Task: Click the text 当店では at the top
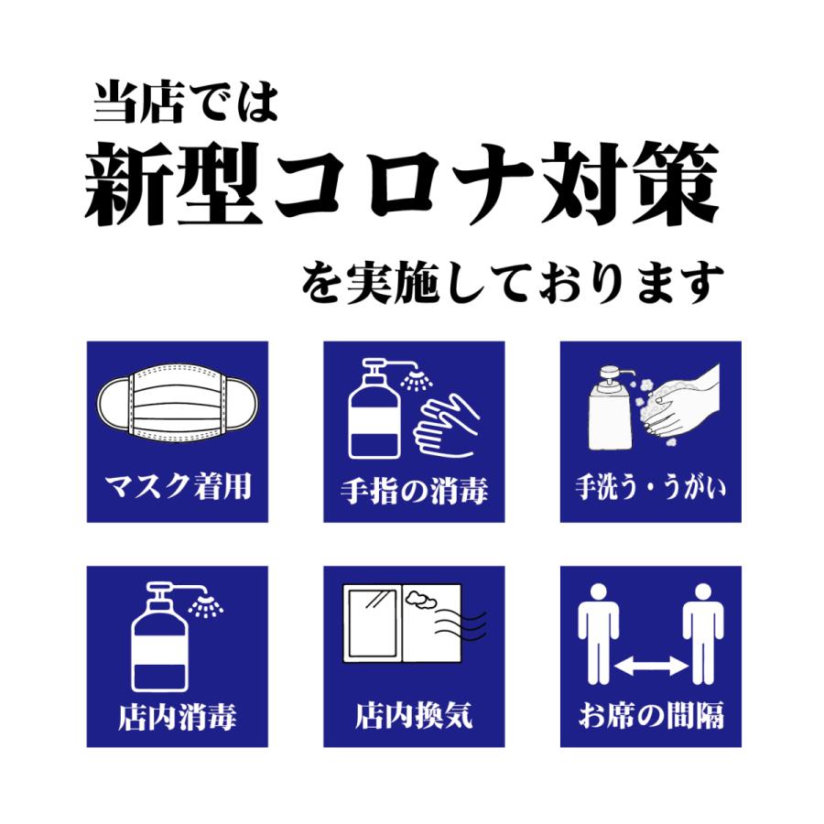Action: tap(184, 105)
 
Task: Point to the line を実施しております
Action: tap(513, 285)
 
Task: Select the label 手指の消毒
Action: tap(414, 491)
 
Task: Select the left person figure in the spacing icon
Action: tap(598, 630)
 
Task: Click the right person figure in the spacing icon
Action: tap(703, 630)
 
